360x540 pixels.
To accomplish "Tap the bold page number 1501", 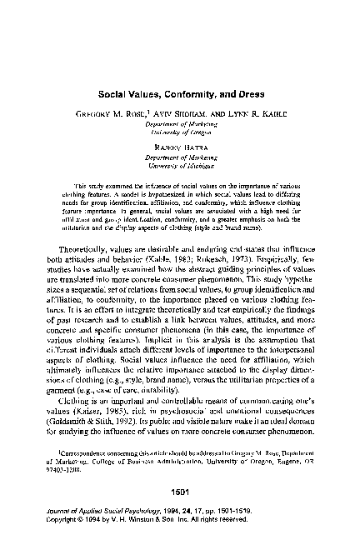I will tap(180, 492).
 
